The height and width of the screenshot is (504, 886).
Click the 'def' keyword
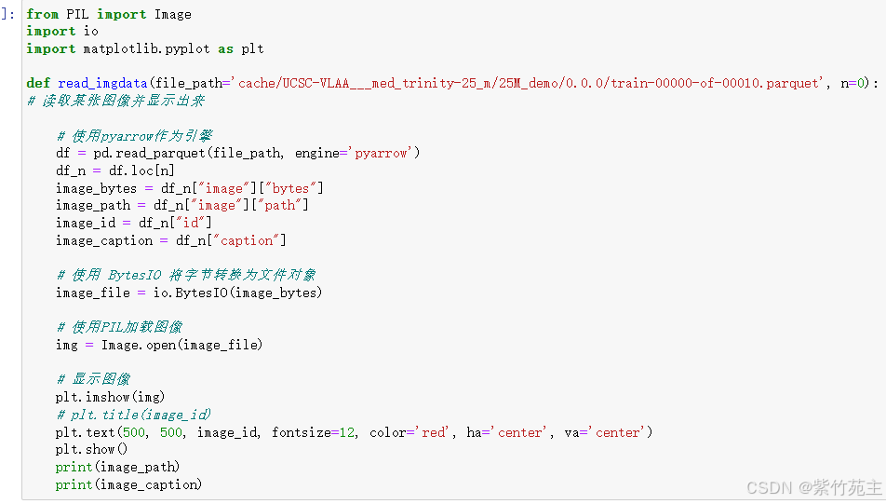(37, 83)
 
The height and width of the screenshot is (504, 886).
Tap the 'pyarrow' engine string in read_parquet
(382, 153)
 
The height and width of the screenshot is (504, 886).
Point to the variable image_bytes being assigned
(95, 188)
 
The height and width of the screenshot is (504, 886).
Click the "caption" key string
(249, 240)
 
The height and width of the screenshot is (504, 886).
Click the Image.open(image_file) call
(182, 345)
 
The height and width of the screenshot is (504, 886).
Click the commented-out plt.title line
(133, 415)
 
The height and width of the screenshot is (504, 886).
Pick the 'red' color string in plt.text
(433, 432)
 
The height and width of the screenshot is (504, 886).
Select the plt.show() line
(91, 449)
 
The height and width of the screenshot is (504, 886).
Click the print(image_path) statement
(117, 467)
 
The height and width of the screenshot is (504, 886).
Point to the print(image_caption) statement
(128, 484)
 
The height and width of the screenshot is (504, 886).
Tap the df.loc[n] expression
(140, 170)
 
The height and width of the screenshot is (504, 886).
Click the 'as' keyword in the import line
(225, 48)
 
